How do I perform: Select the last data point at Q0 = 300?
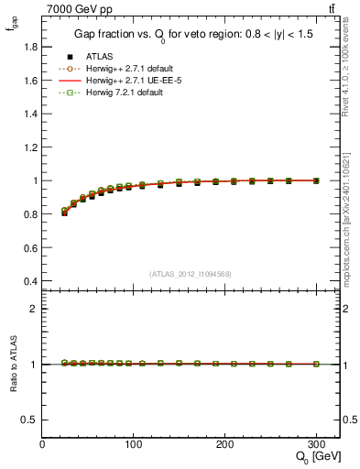pos(316,180)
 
